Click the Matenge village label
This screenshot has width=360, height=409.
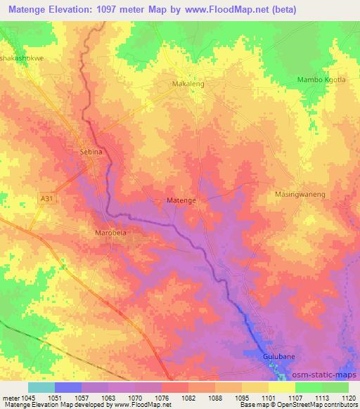coord(181,200)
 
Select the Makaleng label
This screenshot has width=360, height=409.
coord(188,83)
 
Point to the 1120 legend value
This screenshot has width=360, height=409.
coord(348,397)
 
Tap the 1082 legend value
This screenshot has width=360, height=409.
coord(188,397)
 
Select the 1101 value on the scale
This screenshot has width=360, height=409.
coord(268,397)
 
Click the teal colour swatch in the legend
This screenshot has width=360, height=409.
coord(41,387)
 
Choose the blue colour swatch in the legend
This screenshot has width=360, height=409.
coord(67,387)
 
